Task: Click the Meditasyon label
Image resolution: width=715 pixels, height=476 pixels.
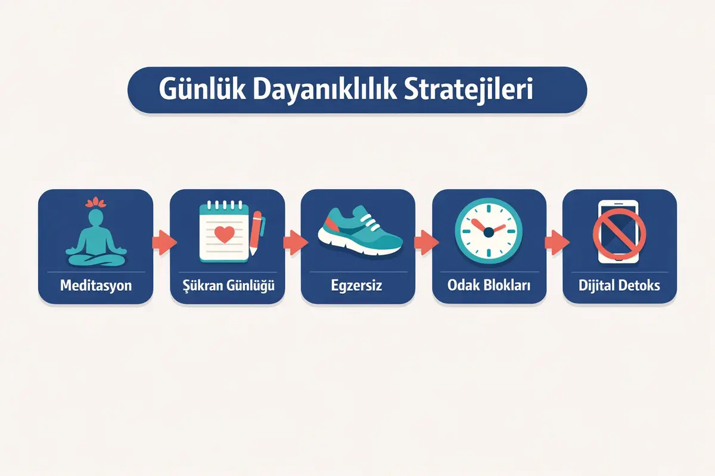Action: tap(96, 286)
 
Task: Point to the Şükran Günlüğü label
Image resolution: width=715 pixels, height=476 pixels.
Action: tap(227, 286)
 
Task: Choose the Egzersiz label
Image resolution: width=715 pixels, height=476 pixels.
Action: tap(357, 286)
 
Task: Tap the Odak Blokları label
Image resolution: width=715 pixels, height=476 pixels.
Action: tap(489, 286)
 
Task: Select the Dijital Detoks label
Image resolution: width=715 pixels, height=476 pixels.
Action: tap(620, 286)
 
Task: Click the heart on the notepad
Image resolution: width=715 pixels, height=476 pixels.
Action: tap(224, 234)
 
